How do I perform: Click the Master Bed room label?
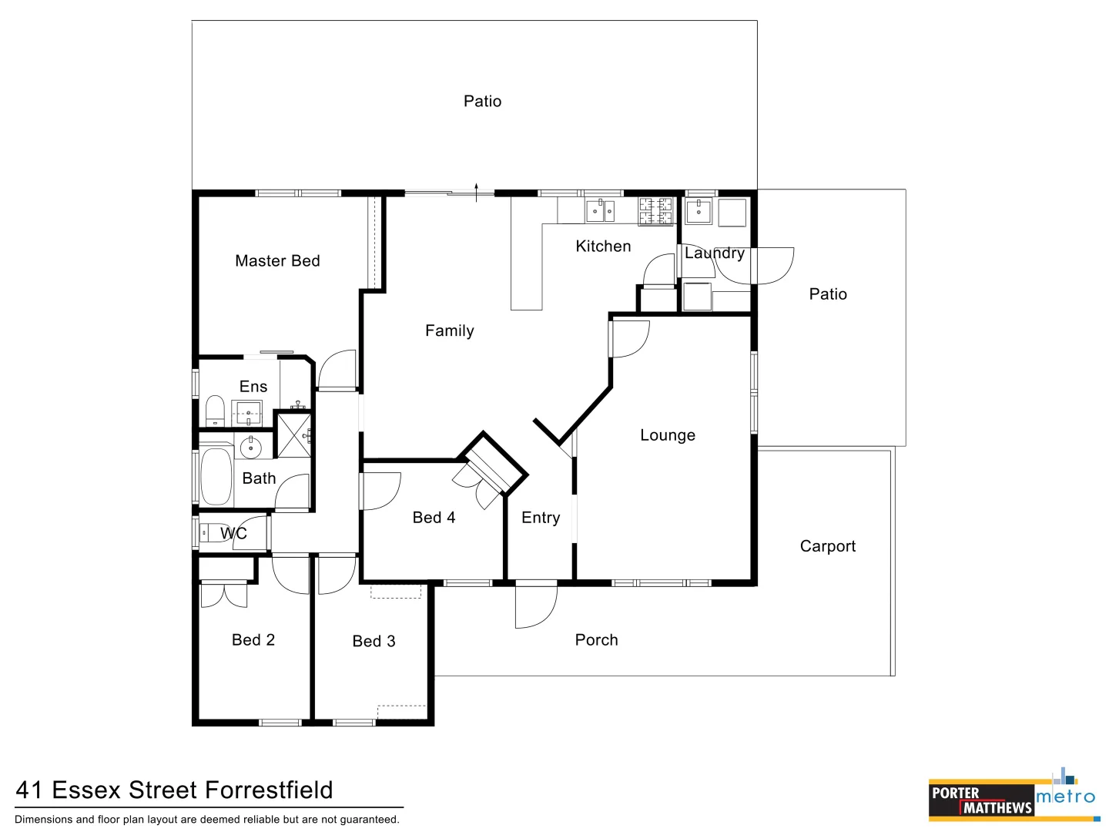tap(277, 261)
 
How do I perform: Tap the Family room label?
tap(449, 330)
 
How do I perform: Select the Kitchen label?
tap(603, 247)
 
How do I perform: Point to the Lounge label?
tap(668, 435)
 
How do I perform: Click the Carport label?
tap(827, 546)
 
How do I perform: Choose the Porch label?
tap(596, 640)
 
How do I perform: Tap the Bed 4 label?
tap(434, 518)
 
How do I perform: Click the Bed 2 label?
tap(253, 640)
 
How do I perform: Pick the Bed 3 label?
tap(374, 641)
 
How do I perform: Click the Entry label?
tap(541, 518)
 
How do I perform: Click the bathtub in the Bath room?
tap(216, 476)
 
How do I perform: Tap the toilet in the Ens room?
tap(215, 410)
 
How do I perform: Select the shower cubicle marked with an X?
tap(293, 435)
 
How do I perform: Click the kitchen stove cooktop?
tap(655, 210)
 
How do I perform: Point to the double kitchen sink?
tap(600, 210)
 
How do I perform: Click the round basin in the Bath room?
tap(250, 447)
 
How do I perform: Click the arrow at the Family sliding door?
tap(477, 191)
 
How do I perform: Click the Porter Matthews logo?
tap(981, 800)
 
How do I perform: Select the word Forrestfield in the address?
tap(270, 790)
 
